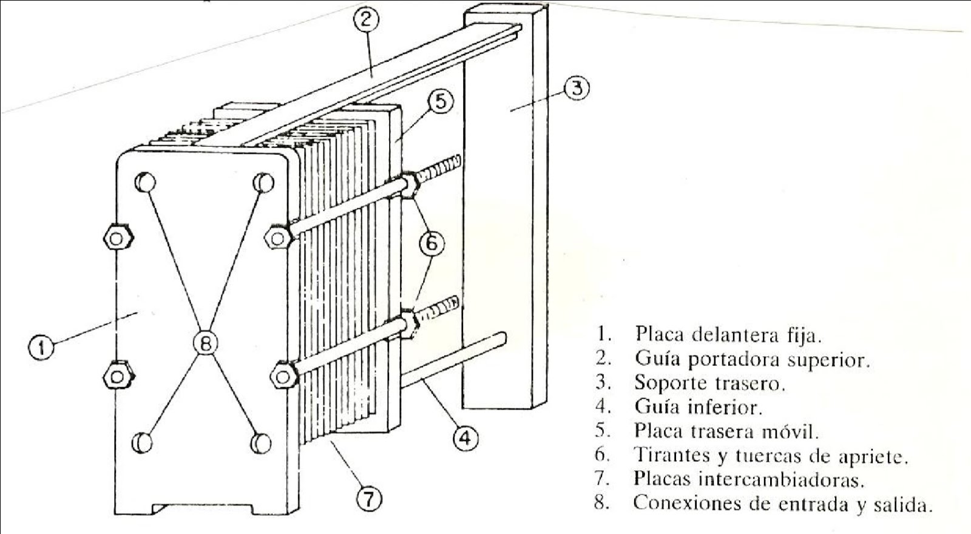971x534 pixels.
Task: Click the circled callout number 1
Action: [x=40, y=348]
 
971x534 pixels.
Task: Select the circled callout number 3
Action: [x=577, y=89]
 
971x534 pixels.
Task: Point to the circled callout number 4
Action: [x=464, y=437]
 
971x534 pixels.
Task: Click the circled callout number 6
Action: [x=431, y=243]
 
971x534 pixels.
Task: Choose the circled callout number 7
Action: [x=368, y=499]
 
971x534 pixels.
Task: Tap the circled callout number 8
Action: [x=205, y=344]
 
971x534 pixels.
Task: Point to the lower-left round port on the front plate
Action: [x=143, y=442]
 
